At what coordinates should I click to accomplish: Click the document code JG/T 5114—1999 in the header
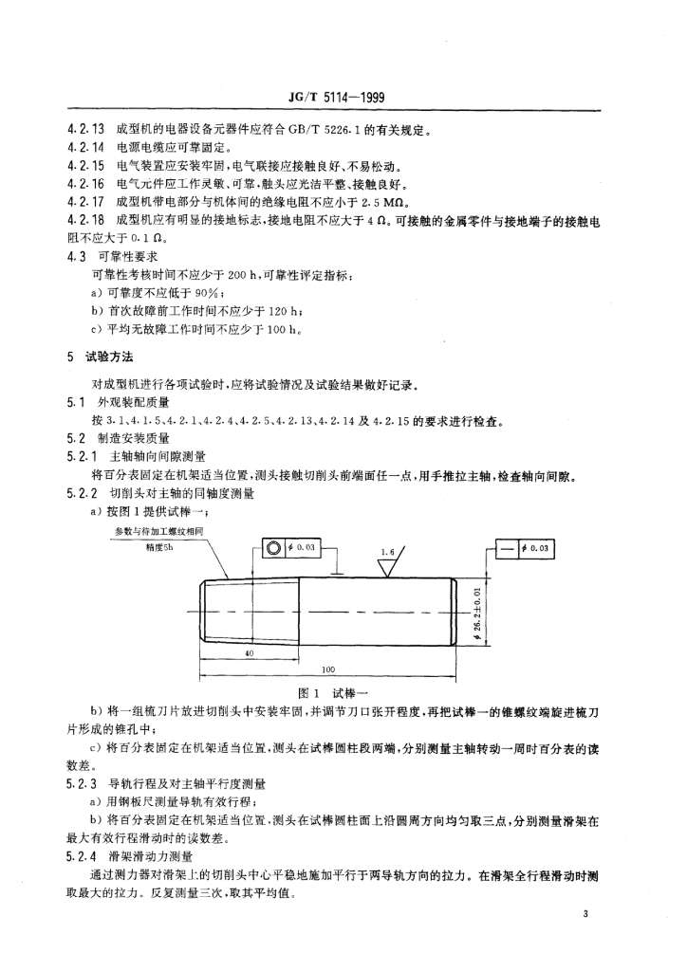point(343,99)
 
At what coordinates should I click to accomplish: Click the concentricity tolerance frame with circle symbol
point(294,549)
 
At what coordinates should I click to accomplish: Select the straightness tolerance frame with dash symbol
point(526,549)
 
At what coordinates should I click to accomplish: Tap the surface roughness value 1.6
point(386,550)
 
